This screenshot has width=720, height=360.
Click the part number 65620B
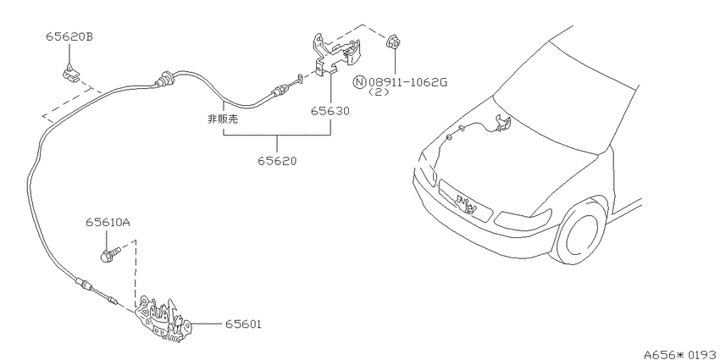pyautogui.click(x=69, y=36)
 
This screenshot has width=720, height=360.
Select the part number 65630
pyautogui.click(x=330, y=111)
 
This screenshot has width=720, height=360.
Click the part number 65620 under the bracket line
pyautogui.click(x=277, y=161)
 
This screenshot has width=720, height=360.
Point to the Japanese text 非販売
pyautogui.click(x=223, y=119)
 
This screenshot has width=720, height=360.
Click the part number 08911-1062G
pyautogui.click(x=407, y=83)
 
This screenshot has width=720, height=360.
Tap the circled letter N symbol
pyautogui.click(x=359, y=83)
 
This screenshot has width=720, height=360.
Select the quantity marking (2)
pyautogui.click(x=379, y=91)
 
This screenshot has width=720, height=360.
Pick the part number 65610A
pyautogui.click(x=108, y=223)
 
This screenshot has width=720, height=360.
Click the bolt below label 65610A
pyautogui.click(x=110, y=254)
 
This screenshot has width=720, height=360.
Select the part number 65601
pyautogui.click(x=243, y=324)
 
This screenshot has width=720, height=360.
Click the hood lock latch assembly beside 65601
pyautogui.click(x=164, y=318)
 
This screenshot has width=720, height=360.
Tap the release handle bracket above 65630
pyautogui.click(x=335, y=54)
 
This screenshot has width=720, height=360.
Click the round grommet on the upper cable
pyautogui.click(x=164, y=78)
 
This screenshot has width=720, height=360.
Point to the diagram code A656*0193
pyautogui.click(x=681, y=354)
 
